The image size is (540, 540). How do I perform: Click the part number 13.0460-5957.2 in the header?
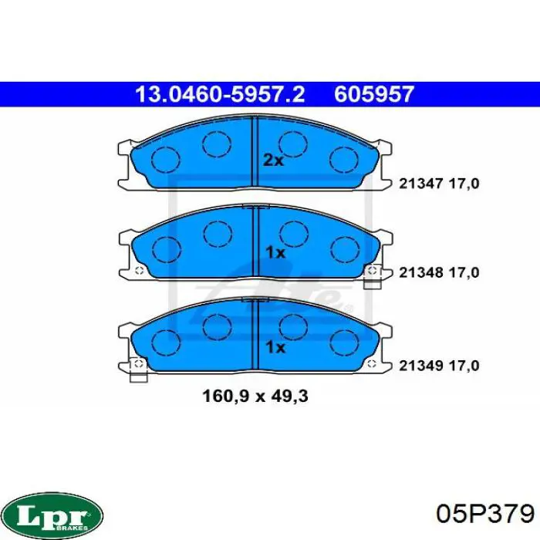(x=220, y=95)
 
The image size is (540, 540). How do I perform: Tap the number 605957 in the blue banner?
(x=374, y=95)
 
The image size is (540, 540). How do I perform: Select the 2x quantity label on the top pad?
(x=274, y=160)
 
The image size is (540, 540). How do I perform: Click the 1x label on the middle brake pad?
(x=275, y=252)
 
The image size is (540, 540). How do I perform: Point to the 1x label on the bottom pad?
(x=275, y=348)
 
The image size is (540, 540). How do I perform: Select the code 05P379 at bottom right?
(x=484, y=513)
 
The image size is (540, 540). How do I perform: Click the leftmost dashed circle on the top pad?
(x=164, y=160)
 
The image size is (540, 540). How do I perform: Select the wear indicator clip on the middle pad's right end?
(x=374, y=272)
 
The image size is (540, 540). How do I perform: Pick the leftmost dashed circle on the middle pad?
(x=164, y=249)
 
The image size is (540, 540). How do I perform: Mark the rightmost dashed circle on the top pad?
(x=343, y=159)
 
